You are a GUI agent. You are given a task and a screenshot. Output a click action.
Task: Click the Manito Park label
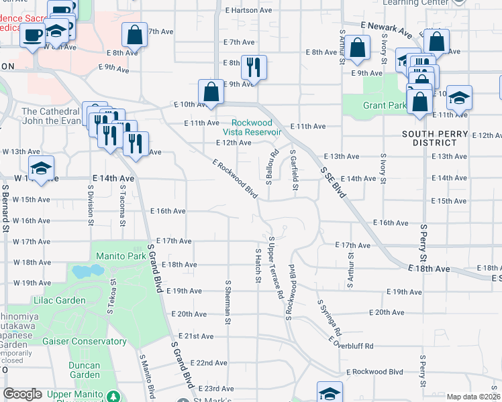[120, 256]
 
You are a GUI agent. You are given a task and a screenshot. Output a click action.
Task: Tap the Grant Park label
[385, 105]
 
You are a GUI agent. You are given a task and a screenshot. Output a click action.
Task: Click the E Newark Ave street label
[386, 29]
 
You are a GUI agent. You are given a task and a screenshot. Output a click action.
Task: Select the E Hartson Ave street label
[248, 10]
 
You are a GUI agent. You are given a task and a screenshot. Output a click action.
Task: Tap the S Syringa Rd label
[330, 318]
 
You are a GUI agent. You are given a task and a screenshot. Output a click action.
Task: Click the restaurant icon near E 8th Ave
[254, 66]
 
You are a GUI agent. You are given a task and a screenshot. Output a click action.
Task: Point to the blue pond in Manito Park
[84, 272]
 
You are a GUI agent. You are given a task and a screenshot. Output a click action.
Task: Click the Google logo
[23, 394]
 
